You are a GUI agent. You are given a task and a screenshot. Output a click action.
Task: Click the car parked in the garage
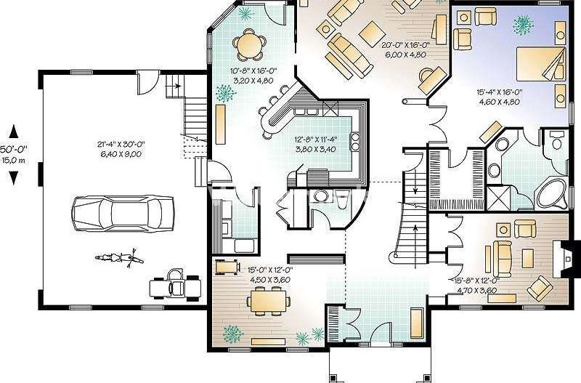click(x=124, y=211)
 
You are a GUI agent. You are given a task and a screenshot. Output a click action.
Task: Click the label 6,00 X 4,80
click(x=405, y=53)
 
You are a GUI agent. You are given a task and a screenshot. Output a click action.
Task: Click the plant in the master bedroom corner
click(x=521, y=26)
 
